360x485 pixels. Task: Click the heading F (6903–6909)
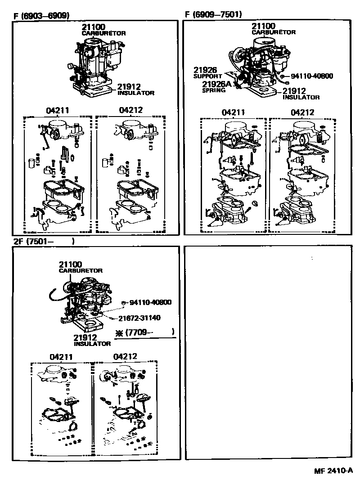[x=41, y=16]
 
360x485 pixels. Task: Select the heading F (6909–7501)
[x=213, y=14]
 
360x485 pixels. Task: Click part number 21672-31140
[x=139, y=318]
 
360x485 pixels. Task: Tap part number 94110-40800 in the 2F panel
[x=147, y=302]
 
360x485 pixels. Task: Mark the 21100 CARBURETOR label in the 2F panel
[x=80, y=267]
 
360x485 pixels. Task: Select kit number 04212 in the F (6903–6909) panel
[x=130, y=110]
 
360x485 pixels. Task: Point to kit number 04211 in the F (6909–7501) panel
[x=233, y=112]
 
